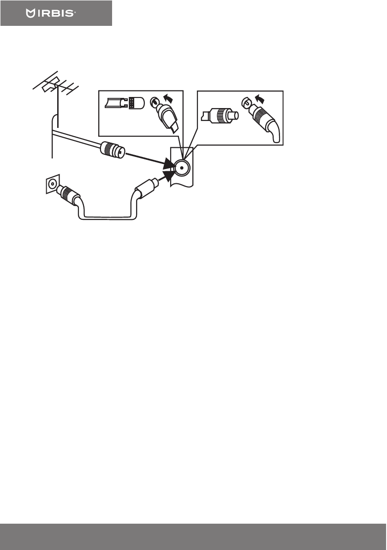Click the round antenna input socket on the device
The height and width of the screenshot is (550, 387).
181,169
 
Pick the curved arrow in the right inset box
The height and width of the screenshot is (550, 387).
262,98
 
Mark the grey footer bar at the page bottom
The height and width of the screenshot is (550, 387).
193,537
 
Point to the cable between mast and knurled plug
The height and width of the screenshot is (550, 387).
76,137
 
